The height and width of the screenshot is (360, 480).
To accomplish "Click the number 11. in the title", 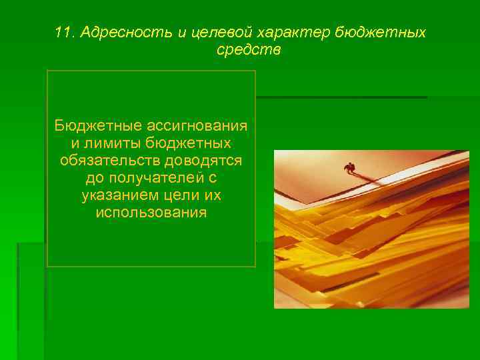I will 65,33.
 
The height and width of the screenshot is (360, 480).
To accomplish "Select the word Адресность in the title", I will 117,33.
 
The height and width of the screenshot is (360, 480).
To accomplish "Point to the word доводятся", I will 208,161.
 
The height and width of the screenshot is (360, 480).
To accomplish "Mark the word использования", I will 151,213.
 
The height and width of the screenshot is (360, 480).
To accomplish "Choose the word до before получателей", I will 95,178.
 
